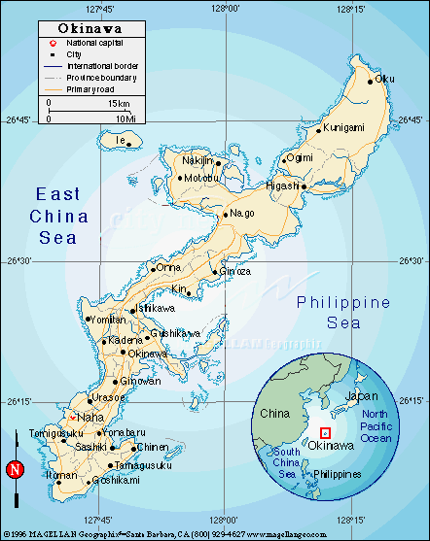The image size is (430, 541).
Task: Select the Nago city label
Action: tap(242, 214)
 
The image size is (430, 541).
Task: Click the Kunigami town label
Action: tap(343, 127)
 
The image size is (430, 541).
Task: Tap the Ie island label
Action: tap(122, 141)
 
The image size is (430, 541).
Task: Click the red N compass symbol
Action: tap(15, 470)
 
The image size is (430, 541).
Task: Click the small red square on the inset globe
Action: tap(326, 431)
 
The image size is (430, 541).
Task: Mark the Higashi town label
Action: tap(283, 186)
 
